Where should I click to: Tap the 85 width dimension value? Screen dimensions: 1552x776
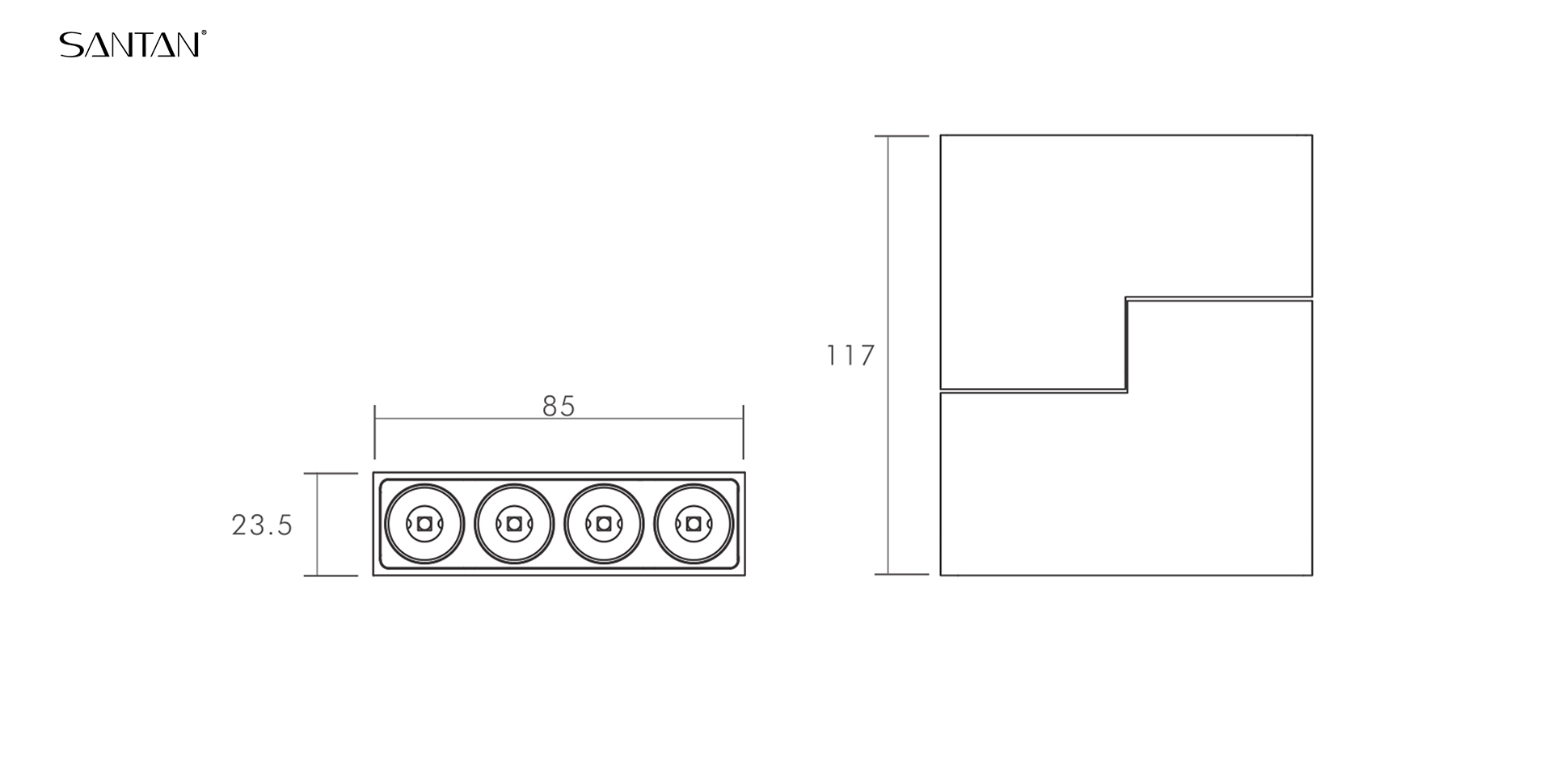(x=559, y=407)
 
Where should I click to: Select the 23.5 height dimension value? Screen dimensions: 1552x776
(x=262, y=525)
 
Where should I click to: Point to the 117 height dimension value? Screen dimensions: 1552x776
(x=850, y=356)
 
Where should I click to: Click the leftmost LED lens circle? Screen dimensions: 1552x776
(x=386, y=524)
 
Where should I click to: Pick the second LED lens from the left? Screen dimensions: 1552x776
(x=475, y=524)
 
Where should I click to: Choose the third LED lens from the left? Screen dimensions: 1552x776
(x=565, y=524)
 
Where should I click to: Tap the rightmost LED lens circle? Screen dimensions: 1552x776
(x=655, y=524)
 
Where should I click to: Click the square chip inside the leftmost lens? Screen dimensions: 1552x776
(x=424, y=524)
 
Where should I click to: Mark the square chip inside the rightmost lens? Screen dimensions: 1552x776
(x=693, y=524)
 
